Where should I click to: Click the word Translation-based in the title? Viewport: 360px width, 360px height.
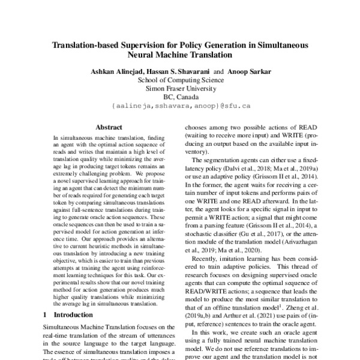pyautogui.click(x=89, y=44)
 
